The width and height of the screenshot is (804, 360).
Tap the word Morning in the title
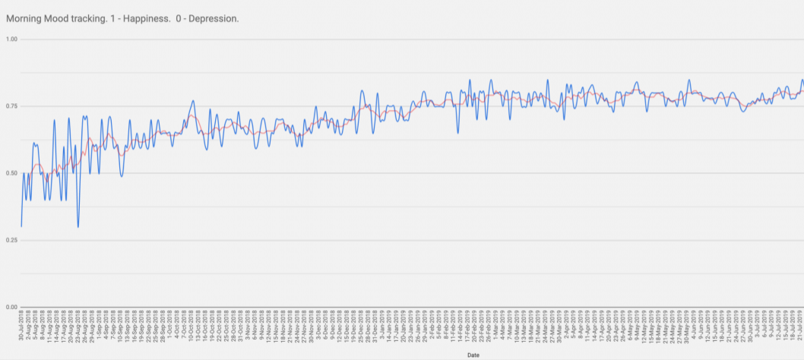pos(24,17)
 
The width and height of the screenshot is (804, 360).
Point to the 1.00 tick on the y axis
pos(11,39)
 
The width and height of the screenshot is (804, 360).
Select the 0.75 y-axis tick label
pos(11,106)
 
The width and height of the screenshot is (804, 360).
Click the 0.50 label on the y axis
pos(11,173)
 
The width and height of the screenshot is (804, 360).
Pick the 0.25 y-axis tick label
pos(11,240)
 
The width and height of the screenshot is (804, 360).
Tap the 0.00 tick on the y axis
pos(11,307)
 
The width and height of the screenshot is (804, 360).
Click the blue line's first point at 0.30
pos(21,226)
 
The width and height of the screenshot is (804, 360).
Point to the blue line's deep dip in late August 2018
pos(78,227)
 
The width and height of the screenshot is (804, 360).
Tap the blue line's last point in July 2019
pos(802,81)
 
